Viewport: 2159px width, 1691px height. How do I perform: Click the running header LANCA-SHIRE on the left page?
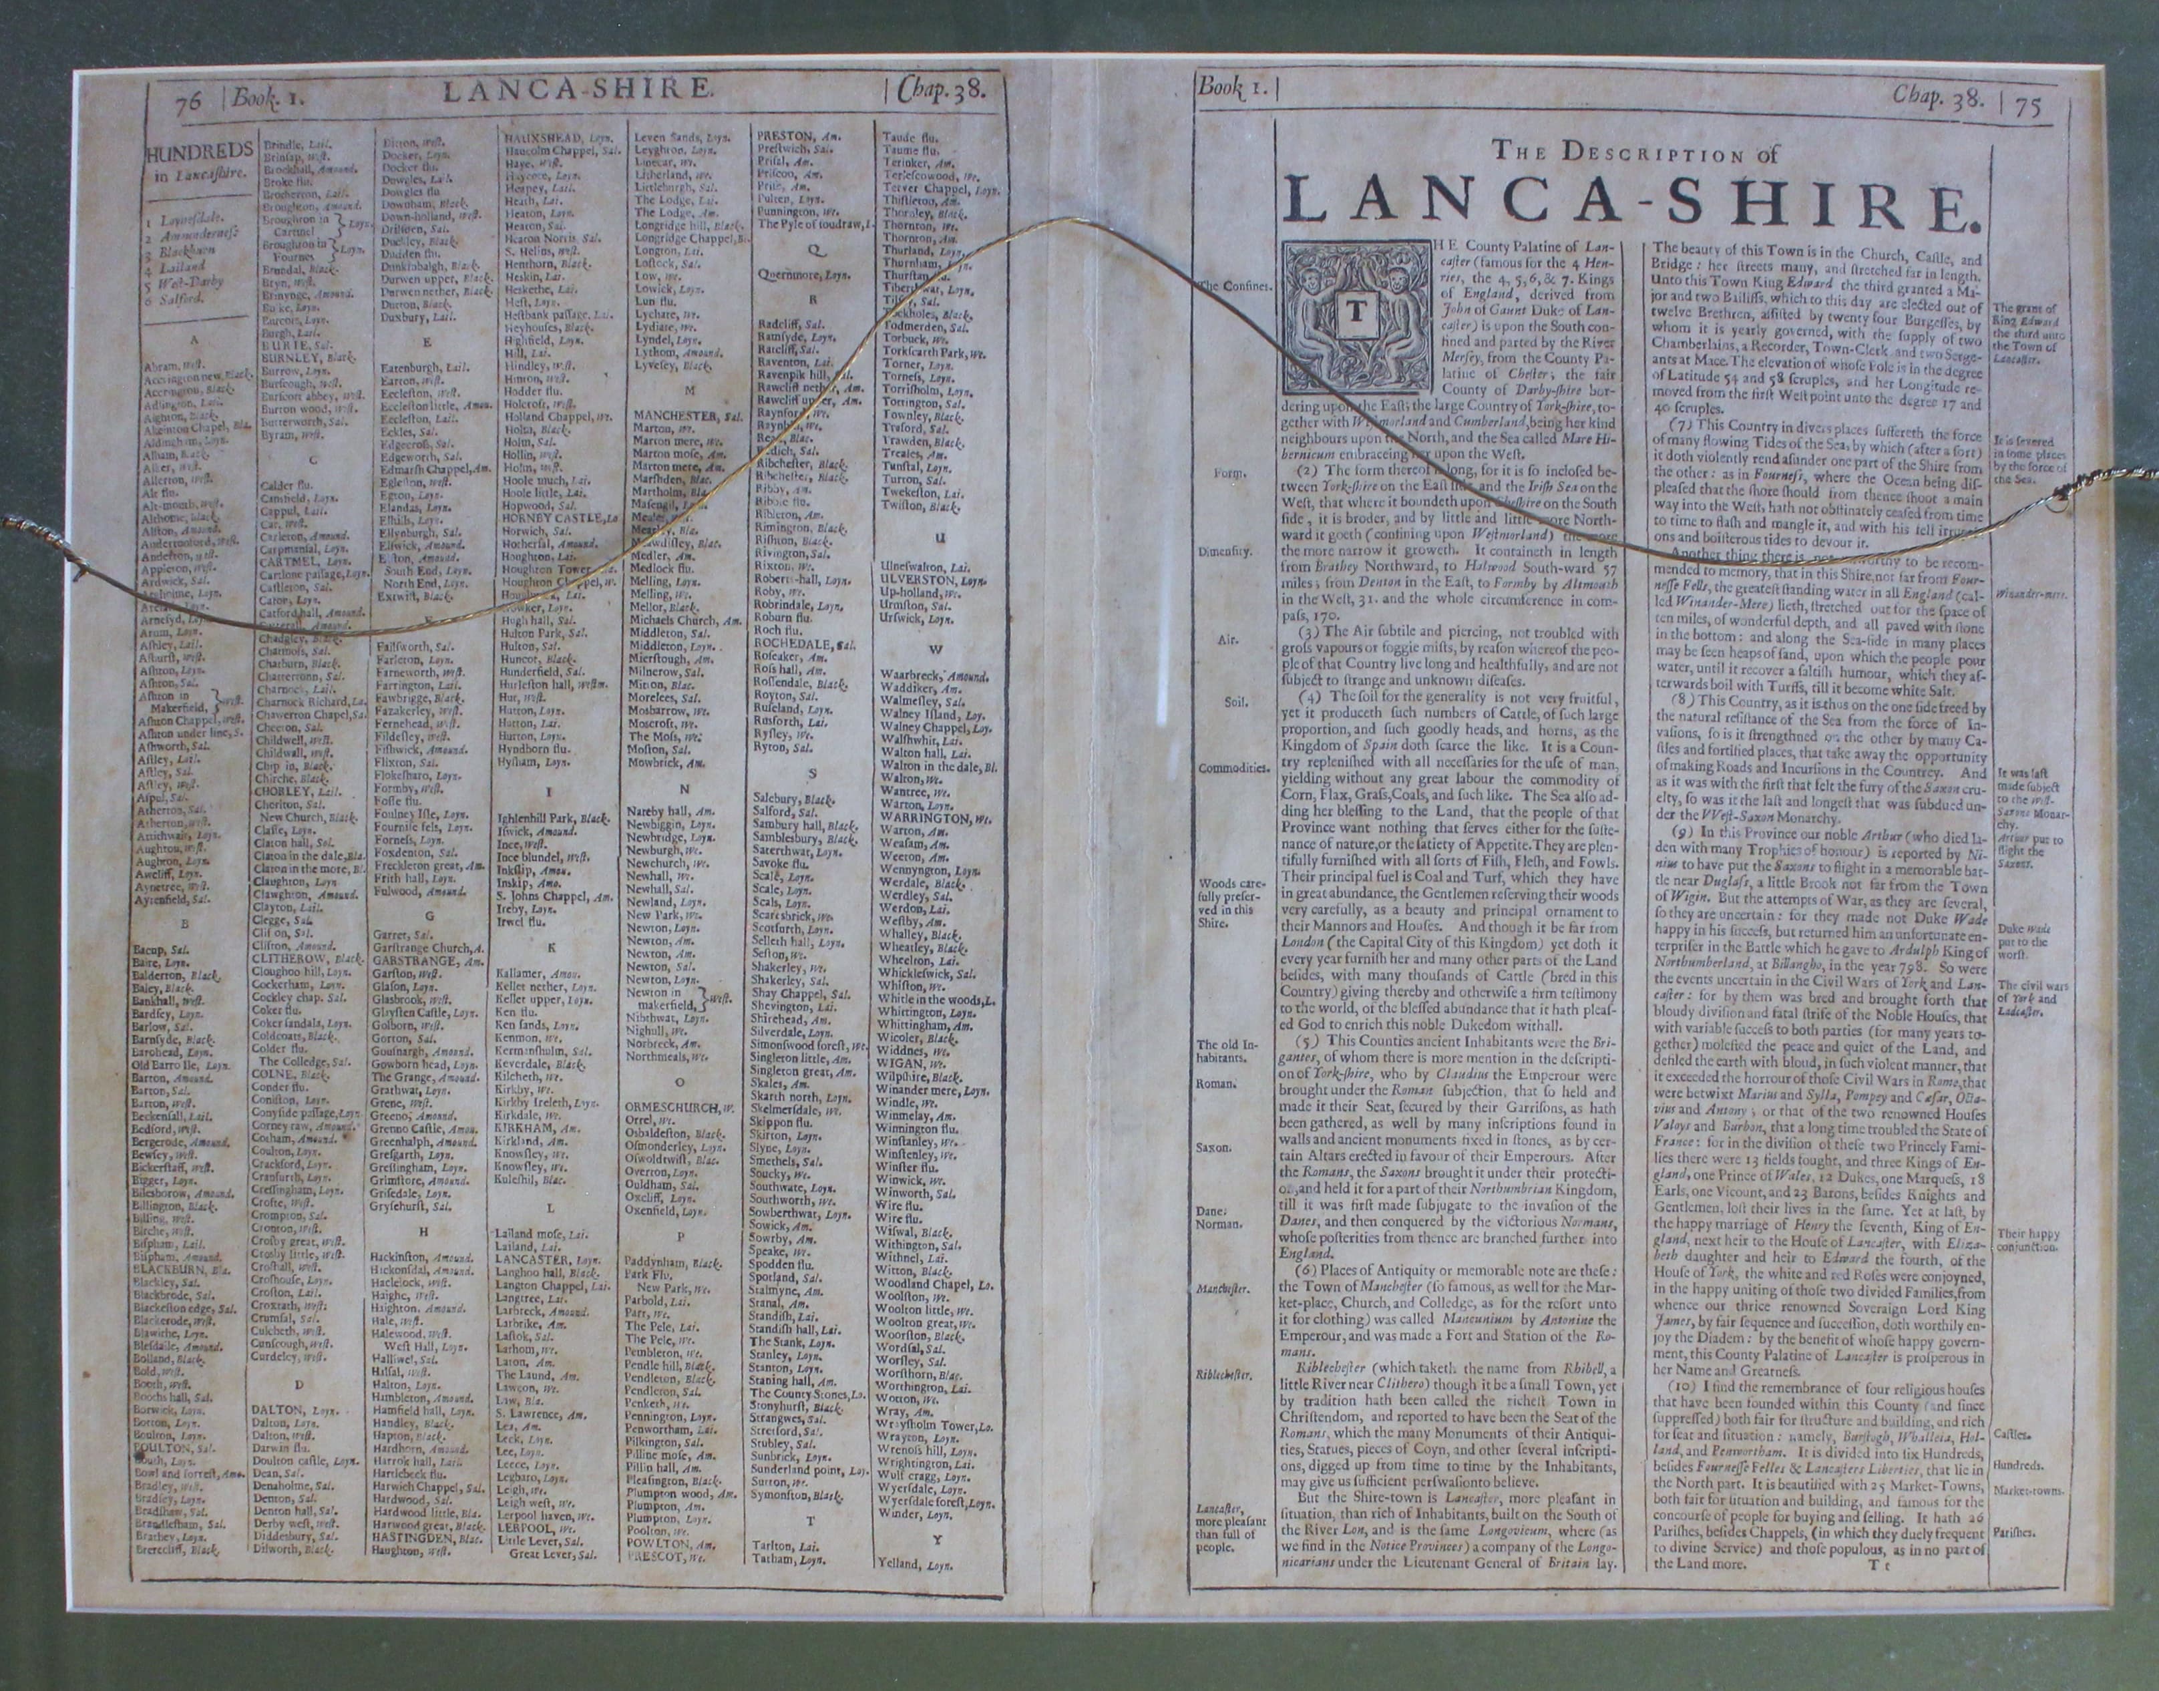[x=577, y=92]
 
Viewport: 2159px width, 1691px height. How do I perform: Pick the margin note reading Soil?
[x=1231, y=704]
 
